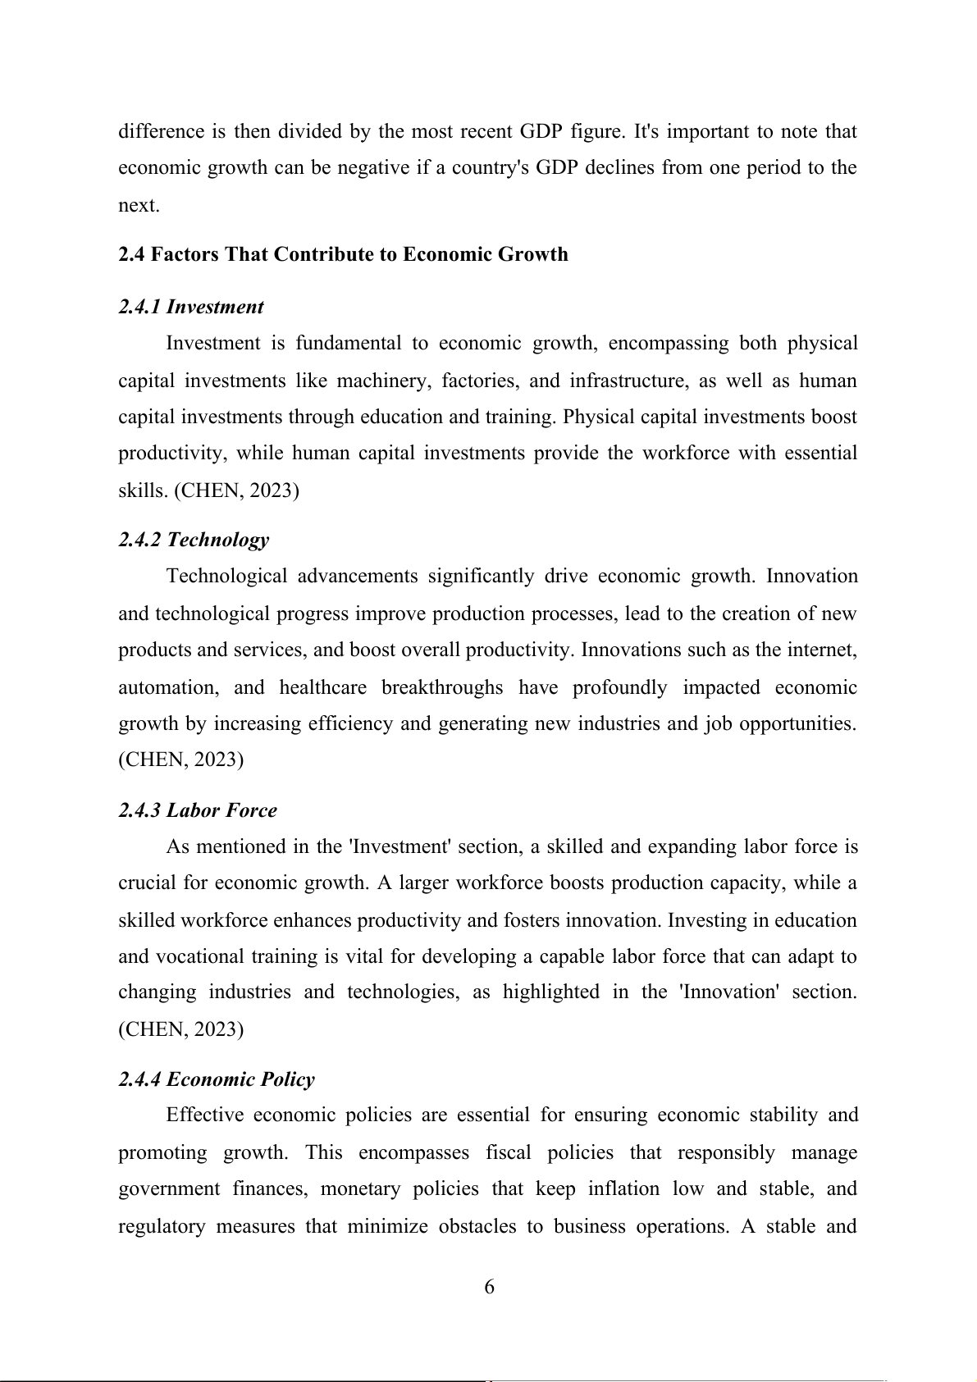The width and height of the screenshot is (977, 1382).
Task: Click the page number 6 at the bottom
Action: tap(489, 1287)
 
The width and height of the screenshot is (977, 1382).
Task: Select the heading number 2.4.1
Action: tap(139, 307)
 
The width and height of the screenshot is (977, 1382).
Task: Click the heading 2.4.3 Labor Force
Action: tap(198, 810)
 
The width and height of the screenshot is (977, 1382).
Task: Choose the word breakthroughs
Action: tap(442, 687)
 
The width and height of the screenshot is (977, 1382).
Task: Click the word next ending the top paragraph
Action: tap(137, 205)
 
